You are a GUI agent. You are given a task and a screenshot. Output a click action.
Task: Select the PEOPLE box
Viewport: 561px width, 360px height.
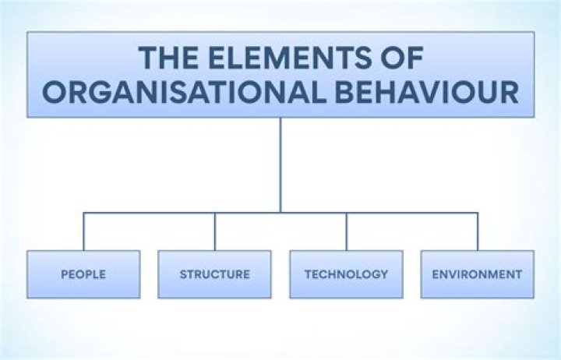tap(83, 274)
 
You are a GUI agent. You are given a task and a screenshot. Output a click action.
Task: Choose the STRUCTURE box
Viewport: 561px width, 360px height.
tap(215, 274)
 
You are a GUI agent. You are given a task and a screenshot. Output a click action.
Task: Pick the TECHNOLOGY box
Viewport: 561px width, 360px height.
tap(346, 274)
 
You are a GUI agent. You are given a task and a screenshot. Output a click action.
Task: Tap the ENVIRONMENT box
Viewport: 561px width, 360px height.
tap(478, 274)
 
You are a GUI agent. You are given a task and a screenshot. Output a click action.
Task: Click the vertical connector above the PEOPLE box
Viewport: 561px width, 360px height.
tap(83, 231)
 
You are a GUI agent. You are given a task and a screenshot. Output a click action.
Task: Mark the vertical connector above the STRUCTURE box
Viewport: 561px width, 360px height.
tap(215, 231)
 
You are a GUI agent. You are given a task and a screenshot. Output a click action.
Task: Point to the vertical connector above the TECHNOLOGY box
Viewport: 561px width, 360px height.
tap(347, 231)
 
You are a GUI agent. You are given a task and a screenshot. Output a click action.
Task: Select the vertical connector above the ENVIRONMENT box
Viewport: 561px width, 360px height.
tap(478, 231)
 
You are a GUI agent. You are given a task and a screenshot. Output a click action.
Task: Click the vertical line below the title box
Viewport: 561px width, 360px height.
tap(280, 164)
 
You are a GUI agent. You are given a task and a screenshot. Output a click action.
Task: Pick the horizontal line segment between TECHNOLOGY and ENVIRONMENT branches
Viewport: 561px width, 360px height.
tap(412, 213)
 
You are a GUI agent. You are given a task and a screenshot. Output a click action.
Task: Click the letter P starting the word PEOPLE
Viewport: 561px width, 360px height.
tap(64, 274)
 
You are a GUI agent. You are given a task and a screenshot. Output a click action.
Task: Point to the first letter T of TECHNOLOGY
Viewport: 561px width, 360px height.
tap(308, 274)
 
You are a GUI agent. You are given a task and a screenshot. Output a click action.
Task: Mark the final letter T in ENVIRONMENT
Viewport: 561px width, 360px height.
tap(518, 274)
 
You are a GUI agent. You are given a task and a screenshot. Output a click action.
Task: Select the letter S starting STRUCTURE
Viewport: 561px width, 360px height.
tap(183, 274)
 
